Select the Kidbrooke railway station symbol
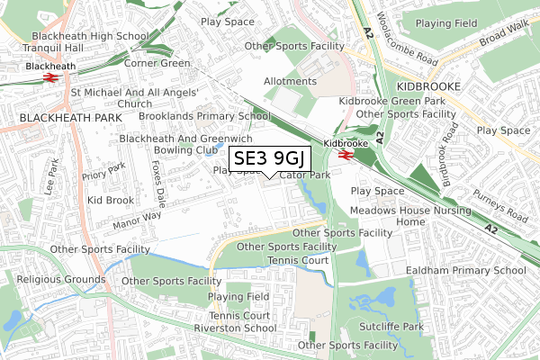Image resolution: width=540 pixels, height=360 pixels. [345, 155]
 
